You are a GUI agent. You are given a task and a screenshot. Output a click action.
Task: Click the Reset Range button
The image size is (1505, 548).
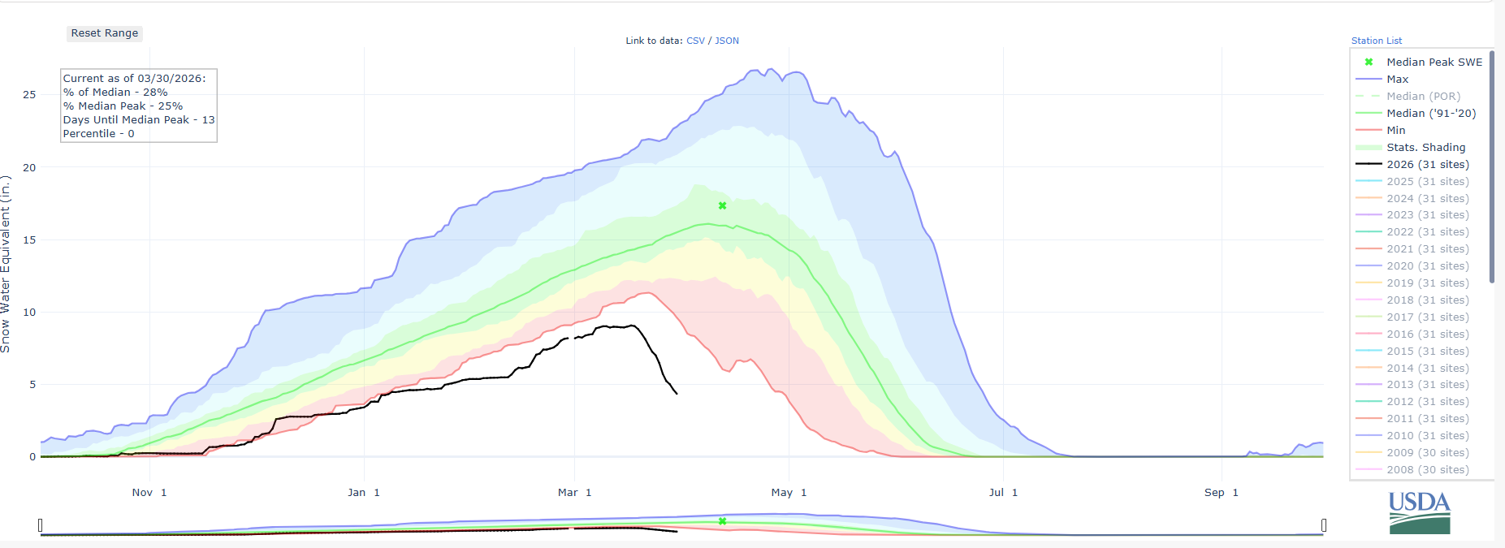point(105,33)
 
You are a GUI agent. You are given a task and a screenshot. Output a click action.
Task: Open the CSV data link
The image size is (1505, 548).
point(695,41)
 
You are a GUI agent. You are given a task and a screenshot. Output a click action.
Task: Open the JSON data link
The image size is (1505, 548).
point(727,41)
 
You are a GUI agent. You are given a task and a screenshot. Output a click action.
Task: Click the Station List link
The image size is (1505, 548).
point(1377,41)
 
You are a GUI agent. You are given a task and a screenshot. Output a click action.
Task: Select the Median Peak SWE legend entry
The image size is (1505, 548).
point(1434,62)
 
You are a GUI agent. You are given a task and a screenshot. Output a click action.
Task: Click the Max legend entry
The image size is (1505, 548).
point(1397,79)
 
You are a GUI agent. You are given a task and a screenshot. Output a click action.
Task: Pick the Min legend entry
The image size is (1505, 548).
point(1395,130)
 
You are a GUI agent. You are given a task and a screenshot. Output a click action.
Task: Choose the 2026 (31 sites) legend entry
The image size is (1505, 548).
point(1427,164)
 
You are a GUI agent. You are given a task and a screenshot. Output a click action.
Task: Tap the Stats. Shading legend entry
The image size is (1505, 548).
point(1425,147)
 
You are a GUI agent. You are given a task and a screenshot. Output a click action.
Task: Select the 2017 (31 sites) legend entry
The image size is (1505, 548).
point(1427,317)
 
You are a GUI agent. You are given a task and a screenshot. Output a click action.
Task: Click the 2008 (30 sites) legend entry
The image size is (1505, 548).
point(1427,469)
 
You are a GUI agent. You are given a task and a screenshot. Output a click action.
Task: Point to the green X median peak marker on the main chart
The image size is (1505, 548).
point(722,205)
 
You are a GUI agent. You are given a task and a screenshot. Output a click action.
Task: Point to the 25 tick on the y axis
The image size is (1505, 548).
point(29,95)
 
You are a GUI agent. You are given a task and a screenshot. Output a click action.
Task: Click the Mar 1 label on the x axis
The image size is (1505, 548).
point(574,493)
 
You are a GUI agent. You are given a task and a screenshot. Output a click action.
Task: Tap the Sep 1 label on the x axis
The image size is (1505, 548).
point(1221,493)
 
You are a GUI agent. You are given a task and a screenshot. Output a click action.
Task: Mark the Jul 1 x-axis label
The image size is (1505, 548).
point(1003,493)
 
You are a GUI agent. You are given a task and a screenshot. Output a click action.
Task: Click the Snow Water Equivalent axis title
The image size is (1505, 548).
point(6,264)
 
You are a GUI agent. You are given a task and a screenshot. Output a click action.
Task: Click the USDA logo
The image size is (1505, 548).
point(1419,512)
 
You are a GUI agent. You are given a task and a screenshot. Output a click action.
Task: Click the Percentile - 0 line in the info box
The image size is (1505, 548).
point(98,134)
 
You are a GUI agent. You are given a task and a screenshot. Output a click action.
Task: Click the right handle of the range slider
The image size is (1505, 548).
point(1324,525)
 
